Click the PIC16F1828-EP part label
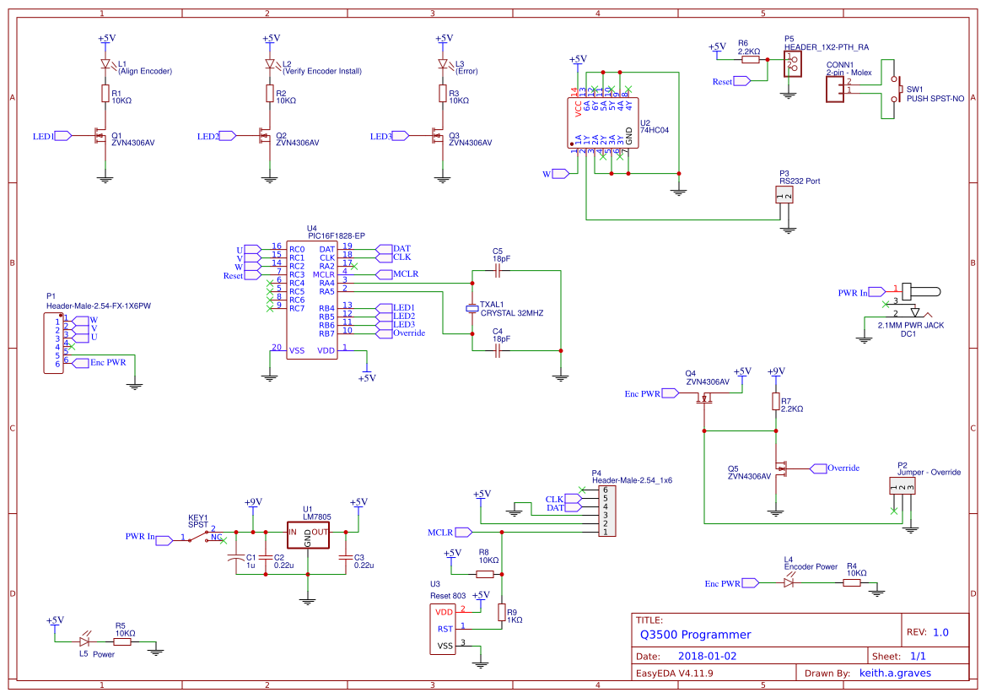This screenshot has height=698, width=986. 336,235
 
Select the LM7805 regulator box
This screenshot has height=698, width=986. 307,533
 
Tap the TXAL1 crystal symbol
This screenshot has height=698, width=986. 472,309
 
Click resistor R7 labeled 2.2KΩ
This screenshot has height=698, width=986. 775,402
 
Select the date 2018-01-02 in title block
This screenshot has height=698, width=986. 708,656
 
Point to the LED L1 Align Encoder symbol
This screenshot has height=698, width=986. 105,64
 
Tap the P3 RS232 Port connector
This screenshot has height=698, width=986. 784,196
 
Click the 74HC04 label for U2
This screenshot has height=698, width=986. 655,132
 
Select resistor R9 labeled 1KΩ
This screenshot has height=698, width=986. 502,613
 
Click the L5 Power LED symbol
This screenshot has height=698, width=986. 85,641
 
